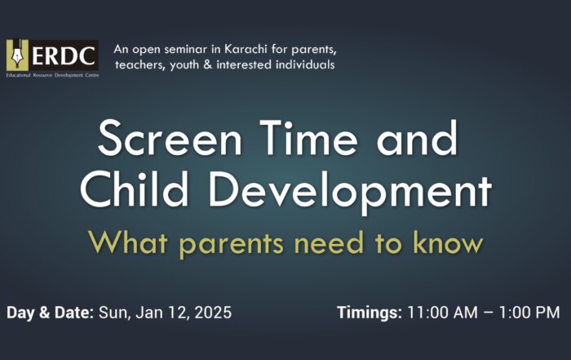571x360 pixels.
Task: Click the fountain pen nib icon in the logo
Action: [x=17, y=56]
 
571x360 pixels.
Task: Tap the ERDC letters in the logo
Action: [x=63, y=56]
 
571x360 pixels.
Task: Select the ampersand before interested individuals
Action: [x=207, y=64]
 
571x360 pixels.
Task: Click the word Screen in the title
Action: [x=170, y=139]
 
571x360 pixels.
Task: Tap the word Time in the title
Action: [x=309, y=138]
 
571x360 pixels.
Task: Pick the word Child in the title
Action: [x=135, y=189]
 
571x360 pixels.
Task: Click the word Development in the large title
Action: [x=350, y=193]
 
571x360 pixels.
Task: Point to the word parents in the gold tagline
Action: [x=232, y=245]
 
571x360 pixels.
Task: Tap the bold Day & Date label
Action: [x=51, y=313]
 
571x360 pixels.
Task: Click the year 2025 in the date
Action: [x=213, y=313]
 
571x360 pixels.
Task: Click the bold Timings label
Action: [x=370, y=313]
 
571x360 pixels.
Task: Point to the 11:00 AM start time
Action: [x=442, y=313]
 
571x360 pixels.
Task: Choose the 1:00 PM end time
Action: [x=529, y=313]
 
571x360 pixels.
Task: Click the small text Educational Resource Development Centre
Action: [x=52, y=75]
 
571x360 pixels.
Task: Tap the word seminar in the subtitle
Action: [x=186, y=49]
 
